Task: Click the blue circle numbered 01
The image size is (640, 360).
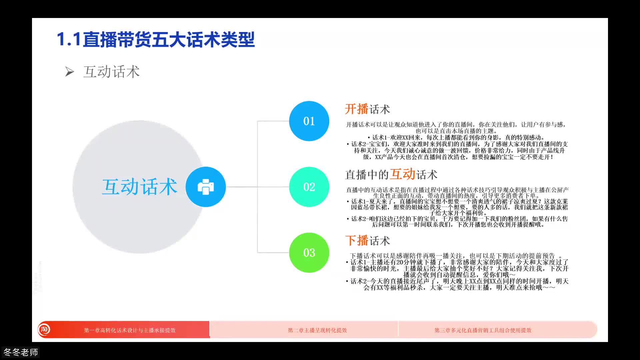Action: (309, 121)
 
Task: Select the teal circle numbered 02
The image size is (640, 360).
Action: (309, 187)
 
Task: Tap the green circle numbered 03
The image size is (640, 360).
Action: (309, 253)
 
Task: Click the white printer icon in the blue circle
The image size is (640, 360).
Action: (206, 187)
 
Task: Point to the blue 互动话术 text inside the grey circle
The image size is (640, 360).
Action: (139, 187)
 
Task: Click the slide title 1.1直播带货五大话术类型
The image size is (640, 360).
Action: (156, 40)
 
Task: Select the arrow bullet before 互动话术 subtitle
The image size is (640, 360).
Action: (69, 72)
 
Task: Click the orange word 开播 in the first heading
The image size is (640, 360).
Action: (356, 109)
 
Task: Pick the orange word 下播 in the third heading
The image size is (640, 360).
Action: (356, 240)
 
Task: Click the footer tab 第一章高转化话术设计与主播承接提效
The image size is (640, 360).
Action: (130, 330)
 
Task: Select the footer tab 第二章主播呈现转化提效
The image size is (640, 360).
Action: (317, 330)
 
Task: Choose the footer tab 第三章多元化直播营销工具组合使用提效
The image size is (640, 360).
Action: (483, 330)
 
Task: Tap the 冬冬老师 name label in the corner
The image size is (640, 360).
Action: (21, 352)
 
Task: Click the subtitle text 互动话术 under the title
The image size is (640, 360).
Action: (111, 72)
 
